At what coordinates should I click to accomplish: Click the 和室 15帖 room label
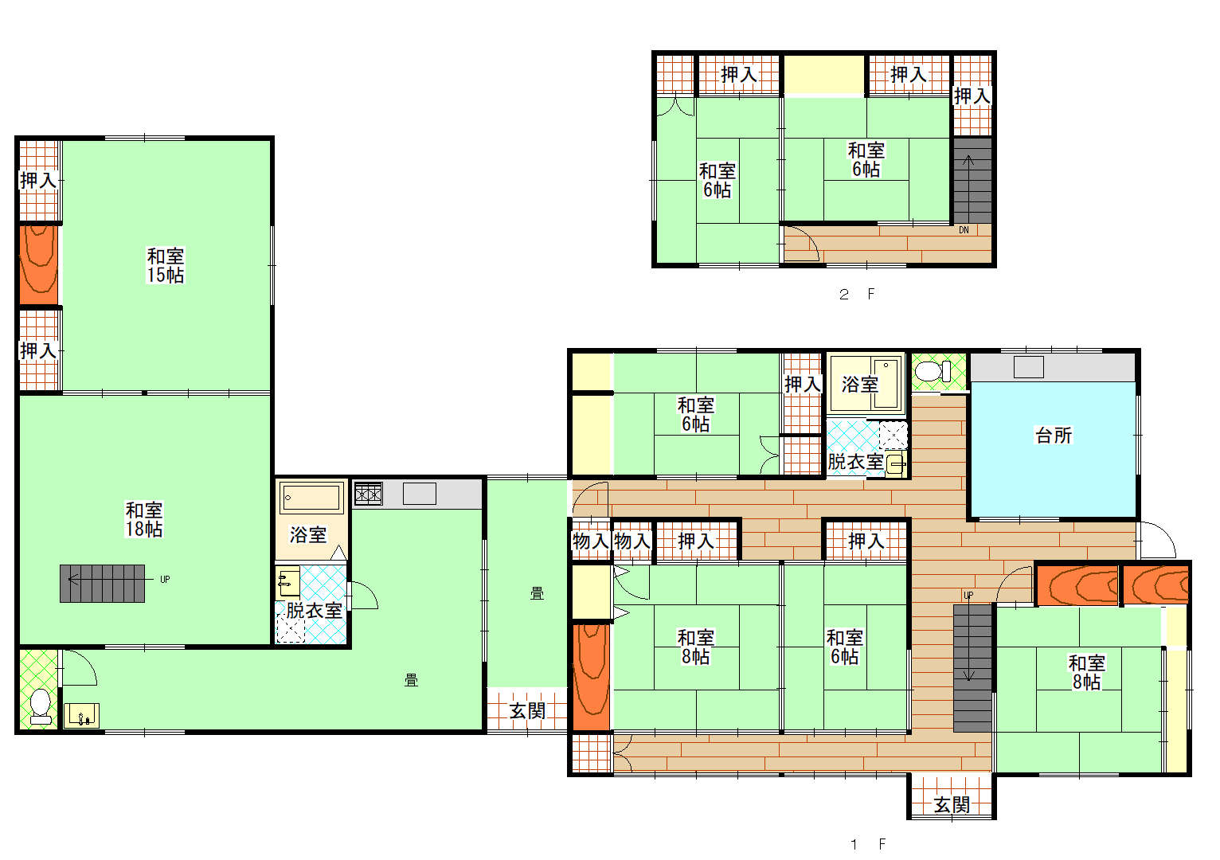click(x=166, y=265)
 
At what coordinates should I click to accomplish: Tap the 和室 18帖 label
click(x=144, y=519)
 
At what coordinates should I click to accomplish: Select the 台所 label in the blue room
click(x=1054, y=435)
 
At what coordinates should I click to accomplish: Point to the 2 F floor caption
click(x=857, y=294)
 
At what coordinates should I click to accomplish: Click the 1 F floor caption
click(x=868, y=844)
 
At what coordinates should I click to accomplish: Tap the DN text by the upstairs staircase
click(x=964, y=230)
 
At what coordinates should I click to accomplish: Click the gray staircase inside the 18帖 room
click(x=103, y=584)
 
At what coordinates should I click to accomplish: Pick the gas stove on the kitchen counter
click(x=368, y=494)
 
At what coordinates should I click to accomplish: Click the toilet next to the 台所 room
click(x=933, y=372)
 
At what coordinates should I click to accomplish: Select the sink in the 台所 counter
click(x=1028, y=367)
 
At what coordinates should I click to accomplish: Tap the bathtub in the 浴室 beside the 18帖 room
click(x=311, y=497)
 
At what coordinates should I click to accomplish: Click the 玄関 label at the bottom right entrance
click(x=952, y=804)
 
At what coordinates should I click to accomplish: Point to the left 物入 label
click(x=590, y=541)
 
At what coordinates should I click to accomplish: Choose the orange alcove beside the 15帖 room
click(x=39, y=265)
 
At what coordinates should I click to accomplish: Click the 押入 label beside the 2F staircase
click(x=972, y=96)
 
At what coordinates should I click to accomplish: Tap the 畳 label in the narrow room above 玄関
click(x=537, y=594)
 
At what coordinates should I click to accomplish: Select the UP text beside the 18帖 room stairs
click(x=165, y=580)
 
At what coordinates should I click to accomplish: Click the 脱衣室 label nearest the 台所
click(x=855, y=462)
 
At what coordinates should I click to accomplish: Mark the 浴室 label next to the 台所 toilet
click(x=859, y=385)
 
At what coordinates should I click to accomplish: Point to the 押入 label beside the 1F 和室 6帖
click(x=802, y=385)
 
